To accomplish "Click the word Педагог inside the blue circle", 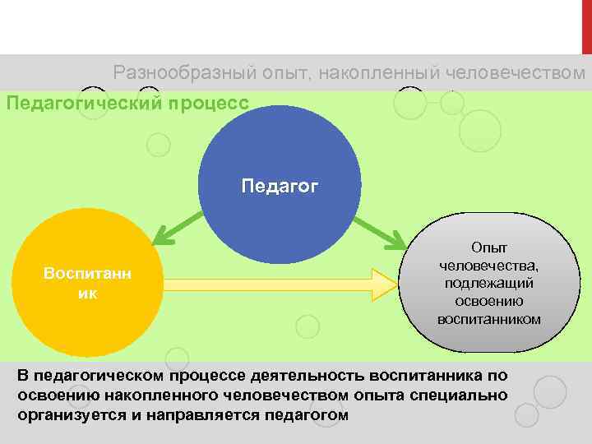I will coord(280,186).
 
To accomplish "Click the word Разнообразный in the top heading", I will coord(169,73).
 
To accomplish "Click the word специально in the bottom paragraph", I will coord(466,395).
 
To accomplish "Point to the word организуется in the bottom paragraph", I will coord(63,415).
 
